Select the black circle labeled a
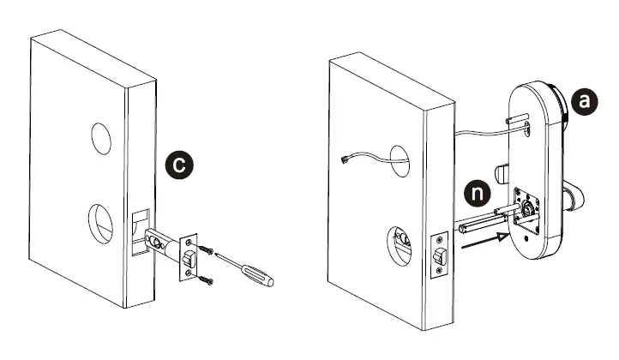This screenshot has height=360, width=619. coord(586,101)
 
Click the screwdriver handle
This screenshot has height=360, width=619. coord(259,273)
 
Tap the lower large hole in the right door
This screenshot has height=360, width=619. coord(400,243)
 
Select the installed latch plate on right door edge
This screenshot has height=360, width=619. coord(438,255)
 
